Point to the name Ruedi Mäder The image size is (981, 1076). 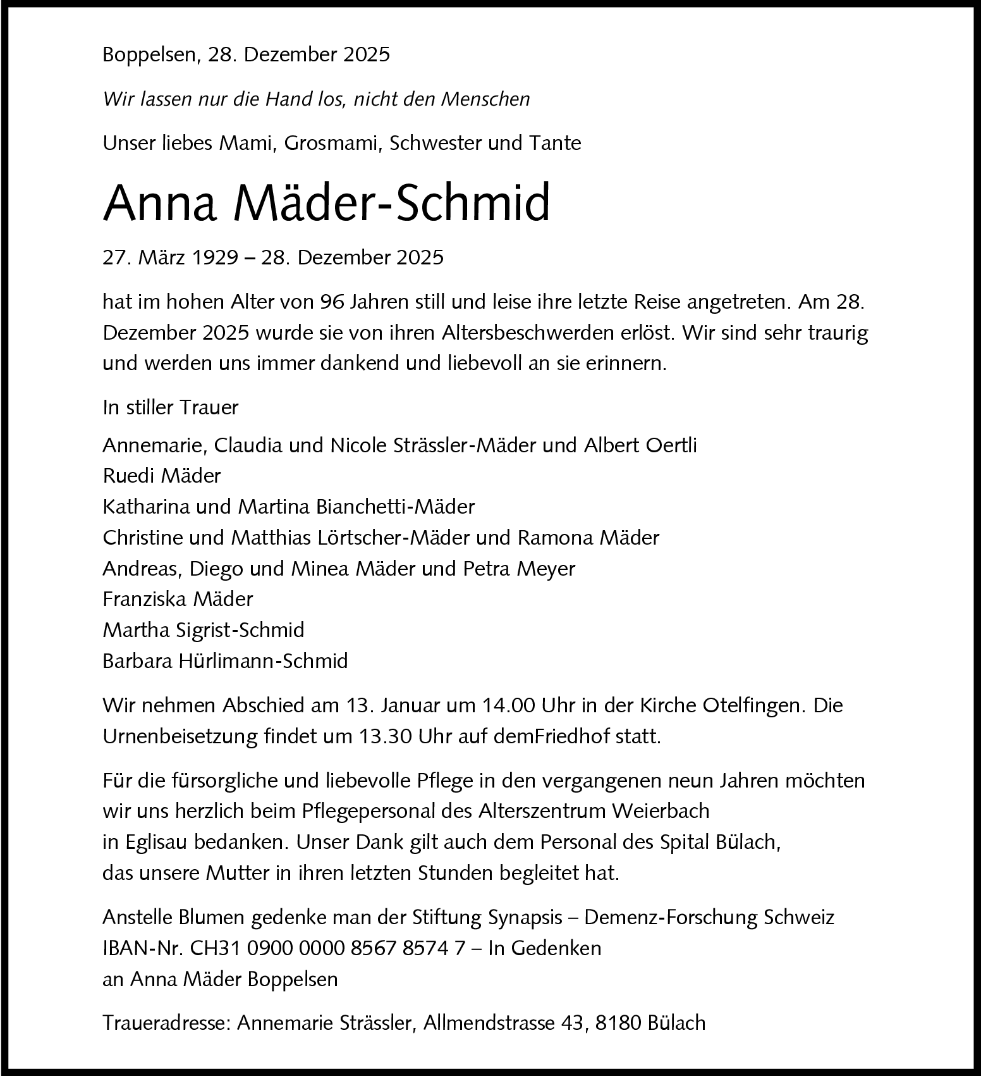[x=162, y=476]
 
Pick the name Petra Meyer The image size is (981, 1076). [x=519, y=568]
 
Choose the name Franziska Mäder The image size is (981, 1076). [x=178, y=598]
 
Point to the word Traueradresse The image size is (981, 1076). [x=166, y=1023]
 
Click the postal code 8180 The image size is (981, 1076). [x=618, y=1023]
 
